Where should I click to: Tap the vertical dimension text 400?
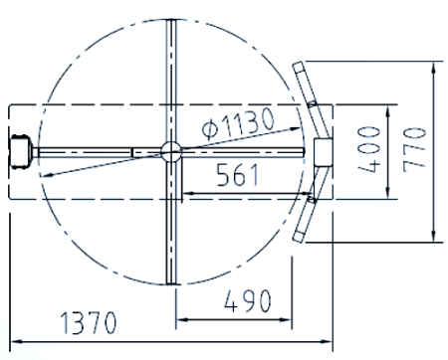click(x=368, y=149)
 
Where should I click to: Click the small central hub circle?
click(x=170, y=150)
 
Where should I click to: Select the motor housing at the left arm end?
click(x=20, y=151)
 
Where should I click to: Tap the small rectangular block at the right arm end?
click(x=322, y=150)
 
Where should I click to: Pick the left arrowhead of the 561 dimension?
click(x=182, y=191)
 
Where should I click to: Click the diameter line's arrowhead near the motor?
click(x=45, y=176)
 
